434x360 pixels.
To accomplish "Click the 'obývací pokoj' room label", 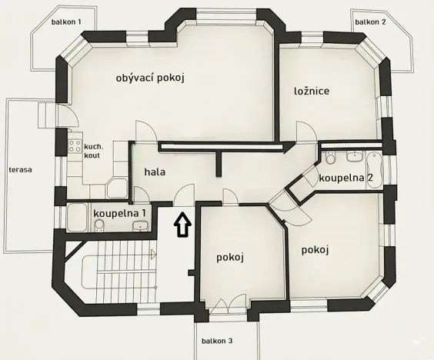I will click(x=152, y=77).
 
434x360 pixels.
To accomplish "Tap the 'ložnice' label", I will click(x=312, y=91).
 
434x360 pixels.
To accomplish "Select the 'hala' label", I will click(x=155, y=172).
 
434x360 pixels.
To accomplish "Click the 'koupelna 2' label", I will click(x=346, y=178).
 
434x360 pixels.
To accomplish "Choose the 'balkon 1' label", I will click(x=67, y=22).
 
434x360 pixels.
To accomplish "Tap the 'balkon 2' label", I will click(x=370, y=22).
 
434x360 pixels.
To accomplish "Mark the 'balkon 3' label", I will click(x=217, y=340).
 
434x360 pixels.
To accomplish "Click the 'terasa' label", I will click(x=20, y=169).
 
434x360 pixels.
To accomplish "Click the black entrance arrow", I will click(x=182, y=225).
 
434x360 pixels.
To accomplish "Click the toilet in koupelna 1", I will click(x=99, y=224).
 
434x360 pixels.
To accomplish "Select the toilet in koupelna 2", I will click(x=329, y=159).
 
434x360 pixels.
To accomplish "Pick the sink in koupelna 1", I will click(x=140, y=225).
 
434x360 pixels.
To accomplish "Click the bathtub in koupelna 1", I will click(x=78, y=218).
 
